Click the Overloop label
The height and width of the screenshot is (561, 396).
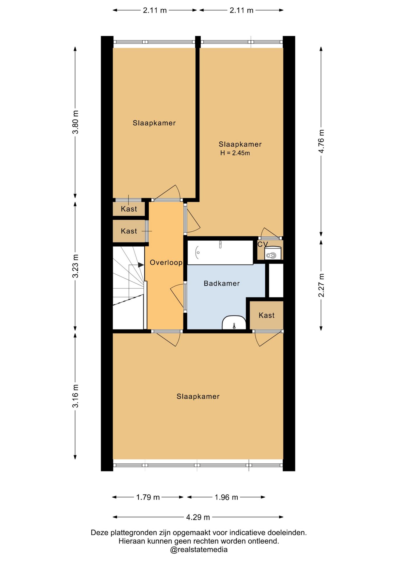tap(166, 262)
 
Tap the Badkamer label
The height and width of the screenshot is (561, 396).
tap(222, 283)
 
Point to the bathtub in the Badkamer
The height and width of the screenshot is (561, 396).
tap(220, 252)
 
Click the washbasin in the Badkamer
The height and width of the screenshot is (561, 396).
tap(234, 323)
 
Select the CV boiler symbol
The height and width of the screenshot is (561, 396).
tap(273, 253)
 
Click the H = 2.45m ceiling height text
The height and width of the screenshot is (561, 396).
tap(235, 153)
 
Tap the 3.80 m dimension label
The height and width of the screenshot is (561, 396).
tap(76, 122)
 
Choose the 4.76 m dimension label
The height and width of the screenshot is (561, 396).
tap(321, 141)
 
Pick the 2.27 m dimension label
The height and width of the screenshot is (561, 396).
tap(321, 285)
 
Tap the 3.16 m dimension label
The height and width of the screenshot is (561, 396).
tap(76, 396)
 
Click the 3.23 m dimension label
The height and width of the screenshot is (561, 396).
tap(76, 266)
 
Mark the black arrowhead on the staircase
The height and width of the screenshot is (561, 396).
tap(141, 265)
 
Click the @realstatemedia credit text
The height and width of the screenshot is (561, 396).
tap(199, 550)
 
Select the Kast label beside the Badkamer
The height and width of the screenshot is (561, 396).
tap(267, 315)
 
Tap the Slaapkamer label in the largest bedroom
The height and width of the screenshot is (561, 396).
tap(198, 396)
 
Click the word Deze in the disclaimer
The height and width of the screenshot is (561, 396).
tap(98, 533)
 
